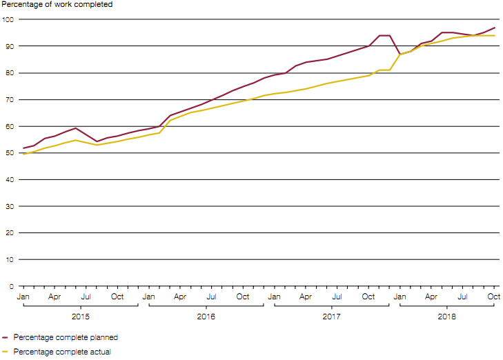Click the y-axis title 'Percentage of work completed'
pyautogui.click(x=57, y=5)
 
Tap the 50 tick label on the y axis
pyautogui.click(x=9, y=153)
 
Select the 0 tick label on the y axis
pyautogui.click(x=11, y=286)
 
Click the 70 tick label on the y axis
pyautogui.click(x=9, y=99)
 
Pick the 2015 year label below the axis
pyautogui.click(x=80, y=317)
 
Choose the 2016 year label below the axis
pyautogui.click(x=206, y=317)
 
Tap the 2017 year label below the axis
pyautogui.click(x=331, y=317)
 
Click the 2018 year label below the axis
pyautogui.click(x=446, y=317)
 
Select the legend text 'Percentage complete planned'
pyautogui.click(x=66, y=338)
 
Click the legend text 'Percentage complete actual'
pyautogui.click(x=61, y=352)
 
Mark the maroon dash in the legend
pyautogui.click(x=6, y=338)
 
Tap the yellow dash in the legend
pyautogui.click(x=6, y=352)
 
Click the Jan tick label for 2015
pyautogui.click(x=23, y=297)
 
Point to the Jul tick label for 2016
pyautogui.click(x=211, y=297)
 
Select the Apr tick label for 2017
pyautogui.click(x=306, y=297)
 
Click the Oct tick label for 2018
pyautogui.click(x=494, y=297)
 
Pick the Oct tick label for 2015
pyautogui.click(x=117, y=297)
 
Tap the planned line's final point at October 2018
pyautogui.click(x=494, y=28)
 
